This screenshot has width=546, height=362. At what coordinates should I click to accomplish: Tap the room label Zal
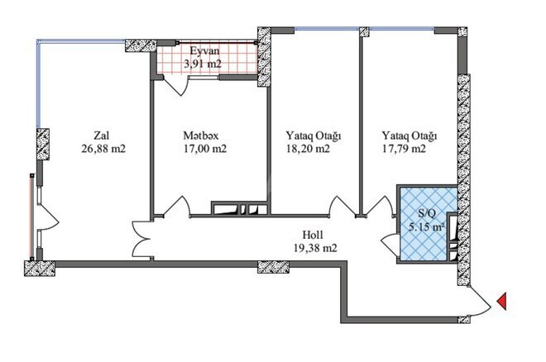tap(102, 135)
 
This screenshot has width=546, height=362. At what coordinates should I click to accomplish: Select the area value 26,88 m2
tap(103, 150)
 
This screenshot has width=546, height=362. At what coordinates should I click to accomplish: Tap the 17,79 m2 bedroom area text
tap(405, 150)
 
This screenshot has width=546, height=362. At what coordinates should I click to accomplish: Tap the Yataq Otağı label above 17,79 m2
tap(409, 135)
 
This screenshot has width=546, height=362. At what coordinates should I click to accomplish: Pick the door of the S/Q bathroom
tap(388, 244)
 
